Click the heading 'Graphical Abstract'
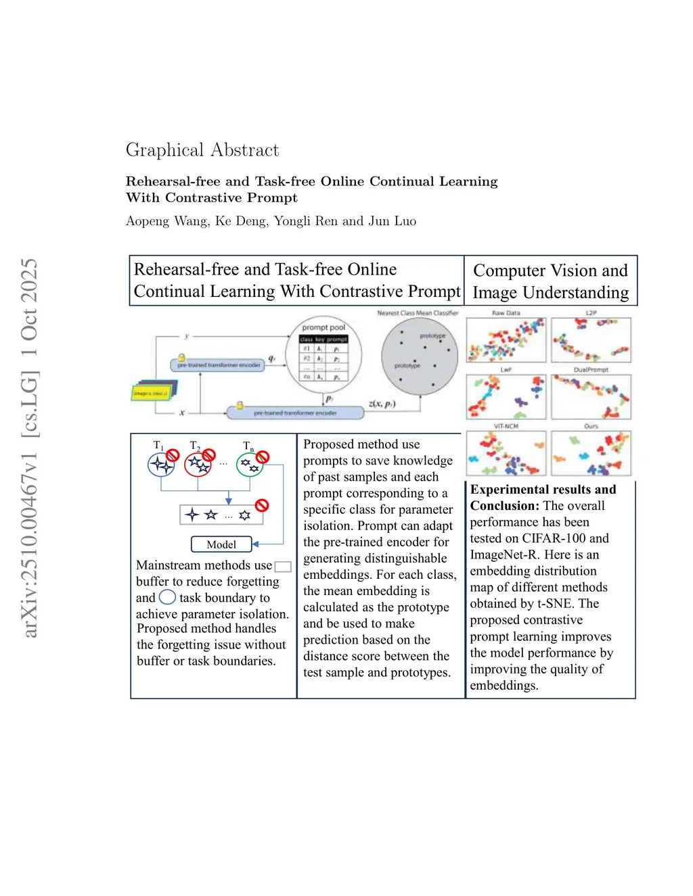[202, 150]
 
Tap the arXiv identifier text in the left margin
[28, 448]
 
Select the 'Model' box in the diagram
[221, 544]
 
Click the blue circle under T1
[161, 465]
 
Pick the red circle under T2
[198, 465]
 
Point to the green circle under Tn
[249, 465]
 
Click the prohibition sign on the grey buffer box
[262, 505]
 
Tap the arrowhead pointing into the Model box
[255, 544]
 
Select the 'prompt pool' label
[323, 327]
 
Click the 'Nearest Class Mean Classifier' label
[418, 313]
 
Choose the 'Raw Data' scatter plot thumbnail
[506, 340]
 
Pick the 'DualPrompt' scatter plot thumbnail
[591, 397]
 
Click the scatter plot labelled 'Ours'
[591, 454]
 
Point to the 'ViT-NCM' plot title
[506, 427]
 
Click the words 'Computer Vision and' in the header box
[550, 270]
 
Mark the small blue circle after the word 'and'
[167, 597]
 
